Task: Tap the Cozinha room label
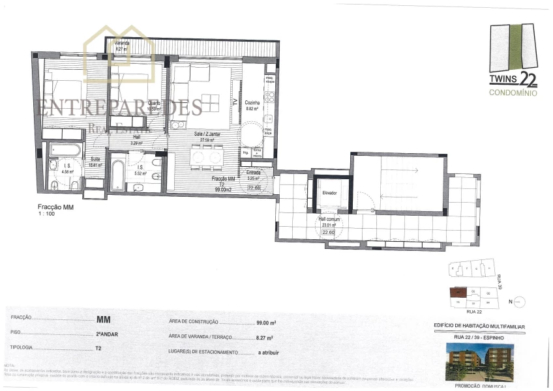tap(252, 103)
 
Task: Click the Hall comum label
tap(328, 220)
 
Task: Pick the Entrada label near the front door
tap(253, 173)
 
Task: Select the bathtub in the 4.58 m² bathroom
tap(66, 151)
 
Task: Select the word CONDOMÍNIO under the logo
tap(513, 93)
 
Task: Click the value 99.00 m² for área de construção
tap(265, 323)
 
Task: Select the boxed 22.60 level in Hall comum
tap(329, 231)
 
